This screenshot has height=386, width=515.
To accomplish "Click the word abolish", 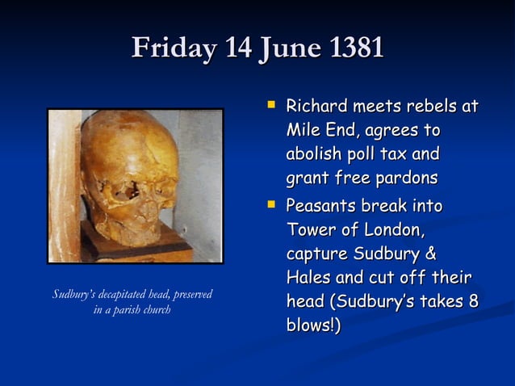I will coord(316,153).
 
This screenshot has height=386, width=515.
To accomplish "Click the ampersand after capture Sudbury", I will coord(430,254).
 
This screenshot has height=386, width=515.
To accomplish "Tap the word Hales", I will coord(308,278).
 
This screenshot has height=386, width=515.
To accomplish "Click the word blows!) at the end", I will coord(313,325).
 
